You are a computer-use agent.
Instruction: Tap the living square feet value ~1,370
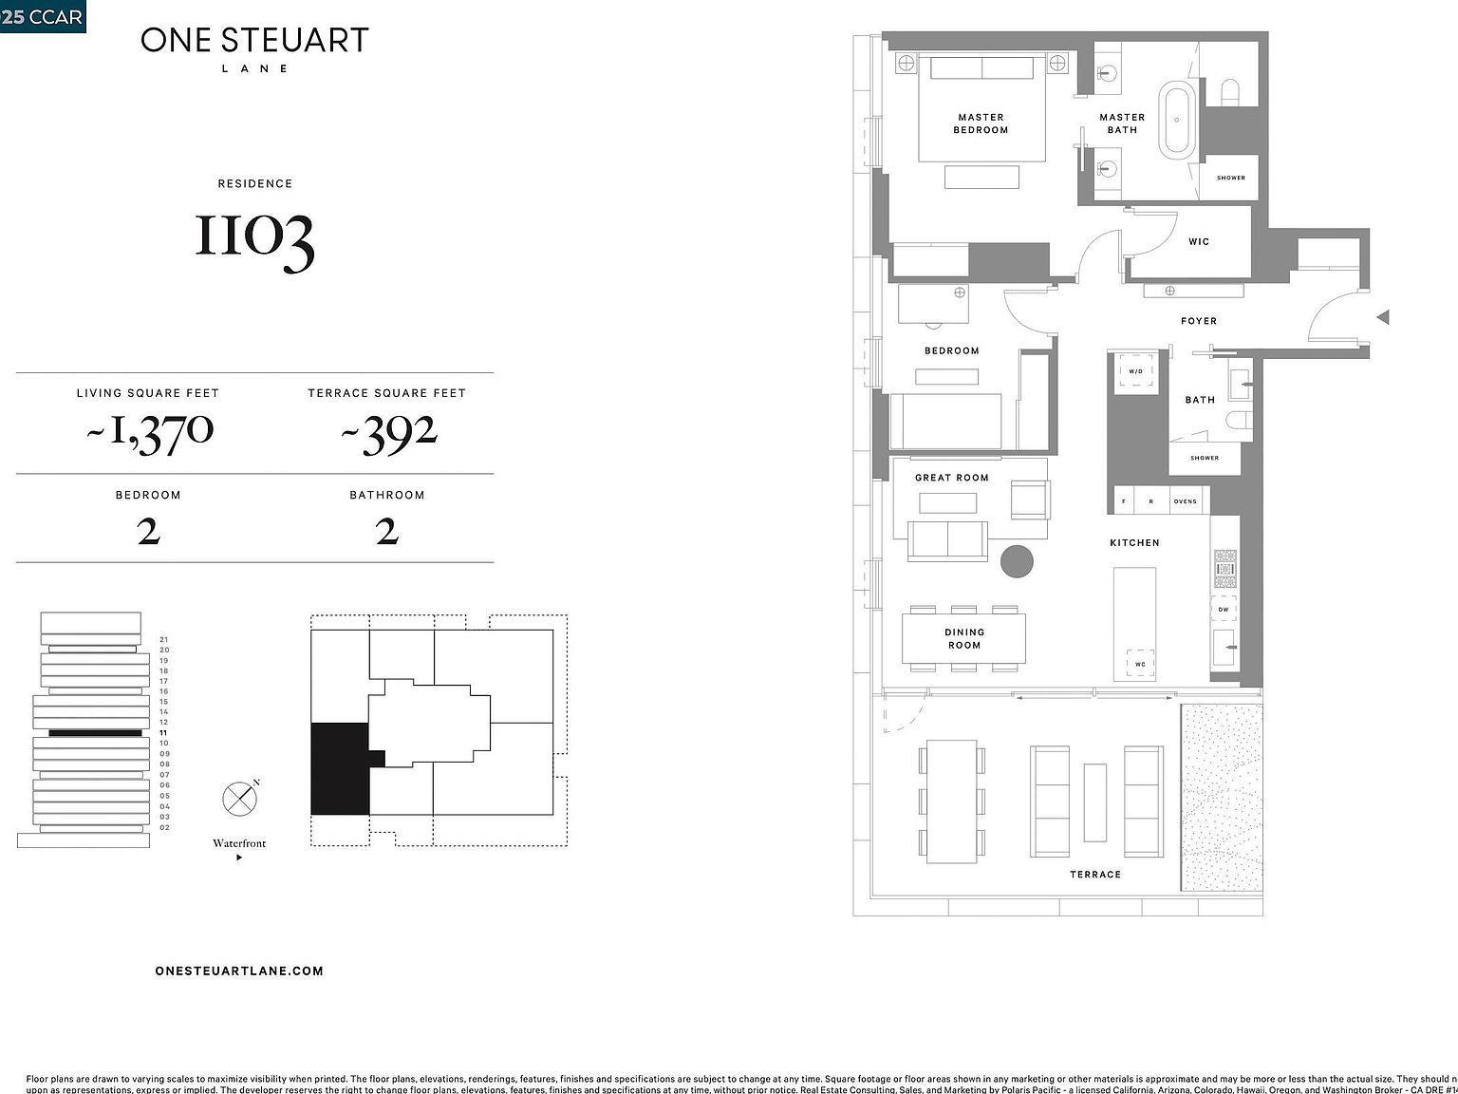coord(150,432)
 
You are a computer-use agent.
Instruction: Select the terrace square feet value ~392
coord(388,433)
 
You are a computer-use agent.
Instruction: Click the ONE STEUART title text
coord(254,40)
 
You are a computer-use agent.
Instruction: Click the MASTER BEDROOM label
coord(981,123)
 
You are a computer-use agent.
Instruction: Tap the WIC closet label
coord(1199,241)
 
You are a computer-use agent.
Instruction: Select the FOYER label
coord(1199,321)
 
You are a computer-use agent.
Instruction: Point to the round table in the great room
coord(1017,560)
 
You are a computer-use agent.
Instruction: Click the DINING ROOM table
coord(963,638)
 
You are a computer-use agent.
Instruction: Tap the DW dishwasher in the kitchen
coord(1224,610)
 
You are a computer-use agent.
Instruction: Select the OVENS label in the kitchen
coord(1185,501)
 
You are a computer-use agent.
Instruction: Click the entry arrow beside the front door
coord(1384,317)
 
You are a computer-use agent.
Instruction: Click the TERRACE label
coord(1095,874)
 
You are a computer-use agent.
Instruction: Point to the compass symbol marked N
coord(239,799)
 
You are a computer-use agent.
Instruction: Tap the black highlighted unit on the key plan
coord(339,768)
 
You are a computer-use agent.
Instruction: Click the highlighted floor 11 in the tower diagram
coord(95,733)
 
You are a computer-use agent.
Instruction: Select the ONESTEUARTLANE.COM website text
coord(239,971)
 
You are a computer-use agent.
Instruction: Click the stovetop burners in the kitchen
coord(1225,568)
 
